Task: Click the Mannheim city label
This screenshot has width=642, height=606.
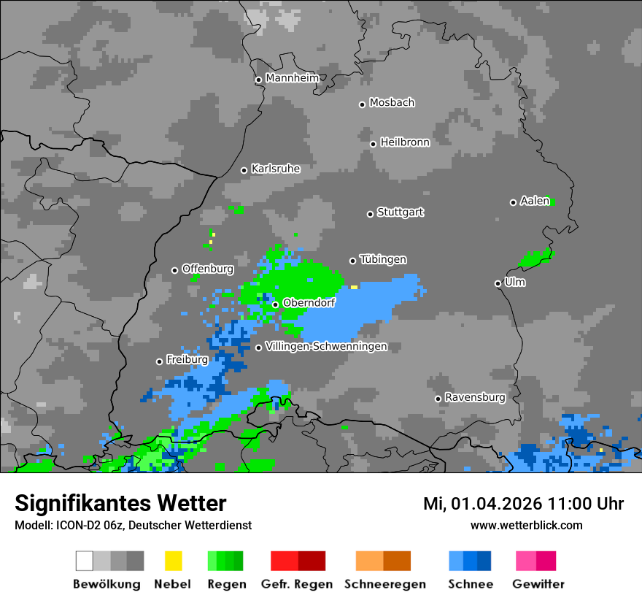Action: point(292,78)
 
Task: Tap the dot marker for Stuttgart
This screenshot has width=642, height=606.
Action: point(370,214)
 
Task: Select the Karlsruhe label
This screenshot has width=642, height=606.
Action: point(275,169)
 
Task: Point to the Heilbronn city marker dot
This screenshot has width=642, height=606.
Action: point(373,144)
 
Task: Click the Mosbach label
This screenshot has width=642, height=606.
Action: point(392,103)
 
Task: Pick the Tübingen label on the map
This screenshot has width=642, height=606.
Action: point(383,260)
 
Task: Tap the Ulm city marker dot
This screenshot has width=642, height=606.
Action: point(498,283)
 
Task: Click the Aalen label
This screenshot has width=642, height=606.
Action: point(535,201)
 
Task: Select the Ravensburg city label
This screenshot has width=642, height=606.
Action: point(475,398)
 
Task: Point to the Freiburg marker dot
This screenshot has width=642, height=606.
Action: point(159,361)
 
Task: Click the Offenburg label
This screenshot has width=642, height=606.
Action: point(208,269)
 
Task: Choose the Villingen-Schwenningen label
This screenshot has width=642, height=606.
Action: point(326,347)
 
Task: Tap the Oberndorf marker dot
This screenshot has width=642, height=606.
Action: point(275,304)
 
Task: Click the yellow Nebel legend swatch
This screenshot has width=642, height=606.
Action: point(173,561)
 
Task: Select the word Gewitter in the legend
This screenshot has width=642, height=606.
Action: point(538,584)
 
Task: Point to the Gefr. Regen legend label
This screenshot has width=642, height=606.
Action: point(297,584)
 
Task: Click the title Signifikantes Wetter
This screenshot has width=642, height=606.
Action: point(120,504)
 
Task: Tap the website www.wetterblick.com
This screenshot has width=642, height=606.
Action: point(526,525)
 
